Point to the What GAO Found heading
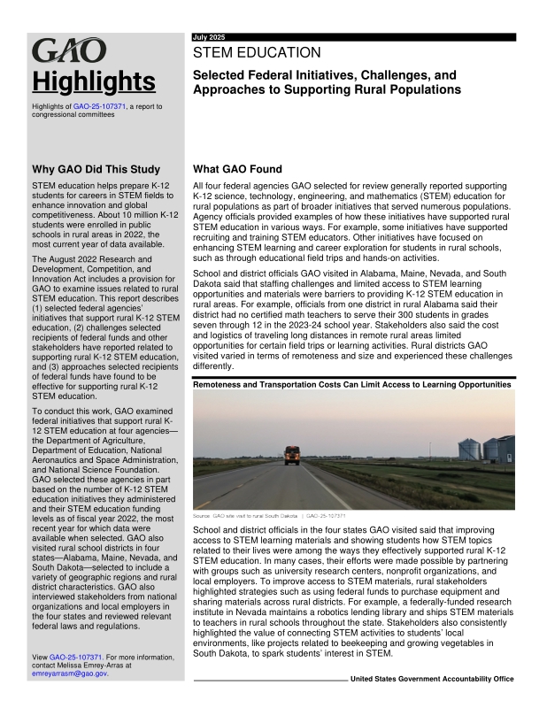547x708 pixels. pos(237,169)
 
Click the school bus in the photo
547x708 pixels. pos(291,457)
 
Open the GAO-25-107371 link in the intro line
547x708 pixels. pos(100,106)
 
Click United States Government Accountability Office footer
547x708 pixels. pos(432,679)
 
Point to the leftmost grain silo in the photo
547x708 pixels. pos(469,448)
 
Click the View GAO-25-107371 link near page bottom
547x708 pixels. pos(78,658)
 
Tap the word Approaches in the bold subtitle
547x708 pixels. pos(233,90)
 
